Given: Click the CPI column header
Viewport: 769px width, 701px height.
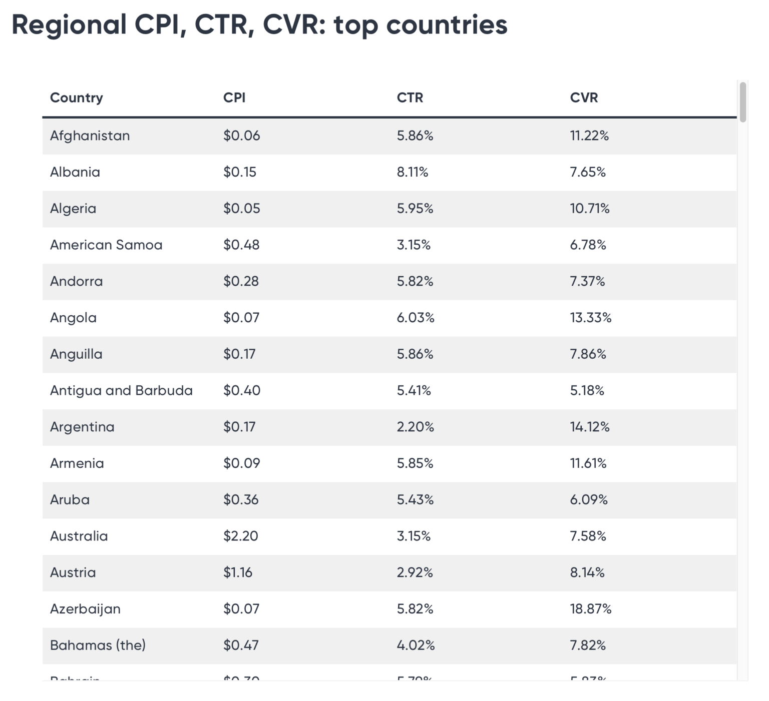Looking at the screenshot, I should (234, 98).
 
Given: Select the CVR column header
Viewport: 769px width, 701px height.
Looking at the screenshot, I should (584, 98).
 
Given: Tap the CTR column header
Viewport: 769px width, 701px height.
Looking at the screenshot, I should (410, 98).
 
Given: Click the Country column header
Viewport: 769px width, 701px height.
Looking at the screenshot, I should (77, 98).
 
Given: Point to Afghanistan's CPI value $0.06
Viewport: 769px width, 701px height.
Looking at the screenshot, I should (241, 136).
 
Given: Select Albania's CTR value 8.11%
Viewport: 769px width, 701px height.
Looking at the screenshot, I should (412, 172).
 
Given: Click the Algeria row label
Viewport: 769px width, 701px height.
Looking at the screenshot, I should (73, 209).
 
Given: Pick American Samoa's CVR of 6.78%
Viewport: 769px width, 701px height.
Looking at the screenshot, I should (588, 245).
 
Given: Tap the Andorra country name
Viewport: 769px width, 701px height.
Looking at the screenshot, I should (76, 281).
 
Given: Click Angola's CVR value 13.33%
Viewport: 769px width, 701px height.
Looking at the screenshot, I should (590, 318).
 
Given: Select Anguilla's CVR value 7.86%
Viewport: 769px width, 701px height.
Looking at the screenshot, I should (588, 354).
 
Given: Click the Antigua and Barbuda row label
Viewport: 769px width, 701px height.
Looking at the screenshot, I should (121, 390).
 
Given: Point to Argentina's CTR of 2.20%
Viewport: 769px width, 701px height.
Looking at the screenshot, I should (415, 427).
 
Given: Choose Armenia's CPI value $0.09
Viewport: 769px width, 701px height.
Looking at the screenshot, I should (241, 463).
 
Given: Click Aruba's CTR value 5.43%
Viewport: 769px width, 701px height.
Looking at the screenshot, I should (415, 500).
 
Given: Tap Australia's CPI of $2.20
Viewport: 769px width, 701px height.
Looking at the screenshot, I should (240, 536).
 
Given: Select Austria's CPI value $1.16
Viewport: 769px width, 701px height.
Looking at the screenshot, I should (237, 572).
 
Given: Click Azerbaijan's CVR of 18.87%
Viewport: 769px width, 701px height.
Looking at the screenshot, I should (590, 609).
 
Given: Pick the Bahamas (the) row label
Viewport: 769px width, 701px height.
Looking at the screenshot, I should (98, 645).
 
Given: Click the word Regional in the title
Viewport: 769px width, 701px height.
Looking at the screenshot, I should (69, 25).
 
